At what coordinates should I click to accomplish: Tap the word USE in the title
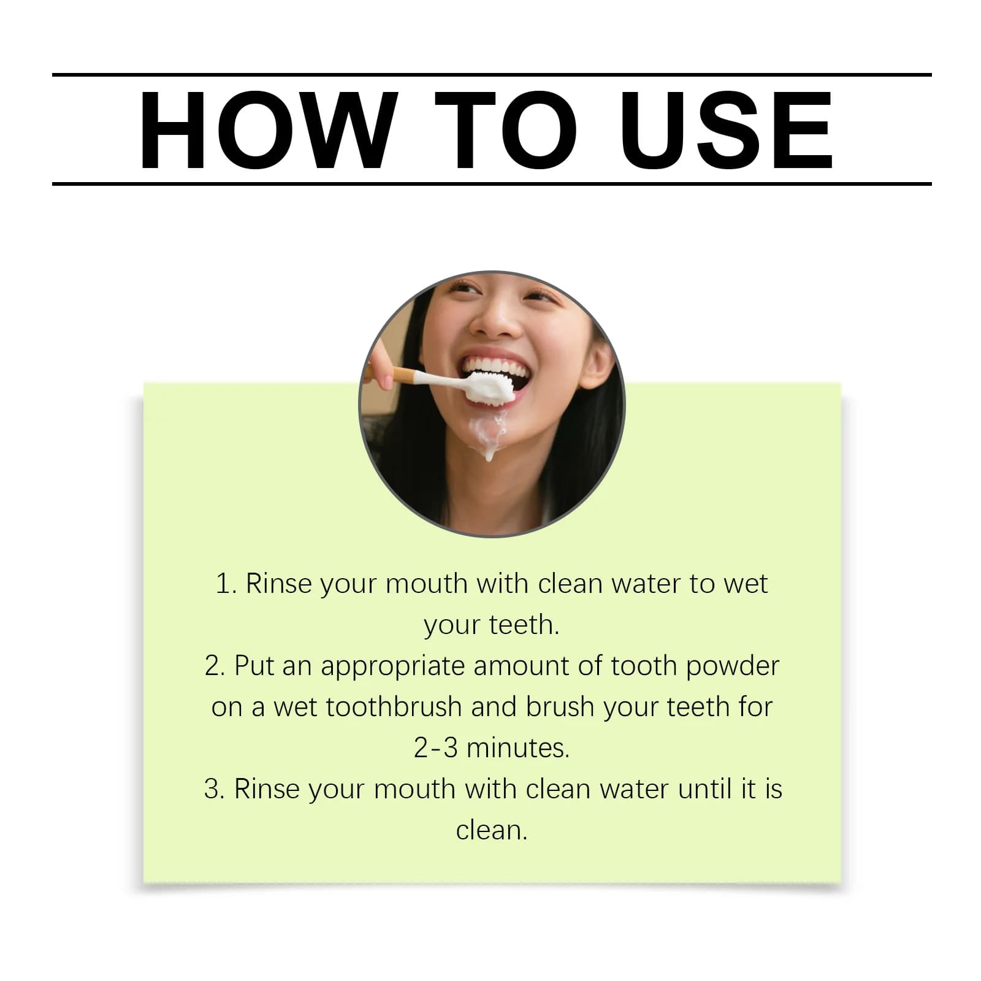pyautogui.click(x=727, y=129)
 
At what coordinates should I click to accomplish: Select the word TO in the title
pyautogui.click(x=506, y=129)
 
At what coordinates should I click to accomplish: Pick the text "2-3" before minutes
pyautogui.click(x=435, y=748)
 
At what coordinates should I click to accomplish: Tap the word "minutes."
pyautogui.click(x=517, y=748)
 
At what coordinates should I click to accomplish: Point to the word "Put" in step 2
pyautogui.click(x=253, y=666)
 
